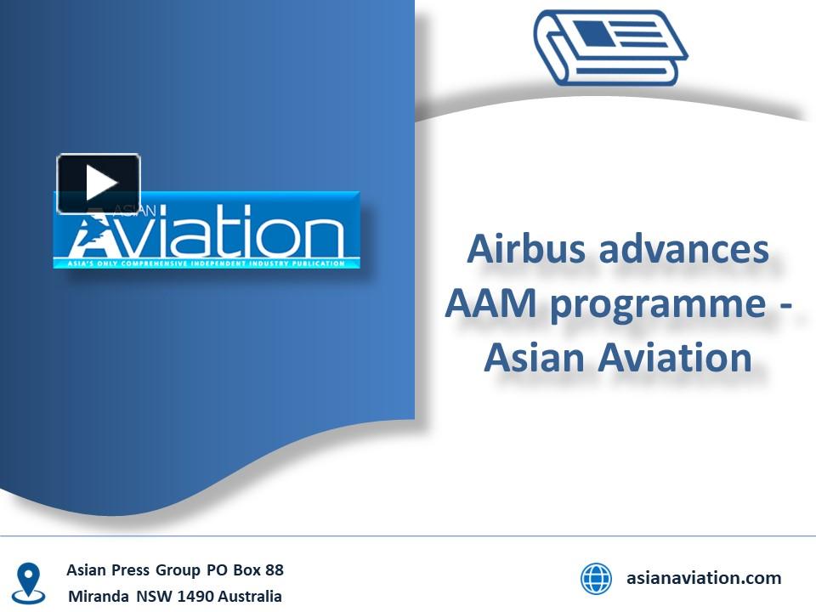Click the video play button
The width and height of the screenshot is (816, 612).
point(99,183)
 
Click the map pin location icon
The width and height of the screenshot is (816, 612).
point(30,583)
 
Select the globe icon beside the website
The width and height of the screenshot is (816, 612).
point(596,579)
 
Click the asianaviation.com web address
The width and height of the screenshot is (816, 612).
point(704,578)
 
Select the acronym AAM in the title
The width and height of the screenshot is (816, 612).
point(491,303)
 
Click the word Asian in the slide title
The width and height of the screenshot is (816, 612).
point(535,357)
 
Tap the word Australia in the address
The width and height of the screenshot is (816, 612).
point(249,597)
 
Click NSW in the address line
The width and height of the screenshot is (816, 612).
point(153,597)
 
